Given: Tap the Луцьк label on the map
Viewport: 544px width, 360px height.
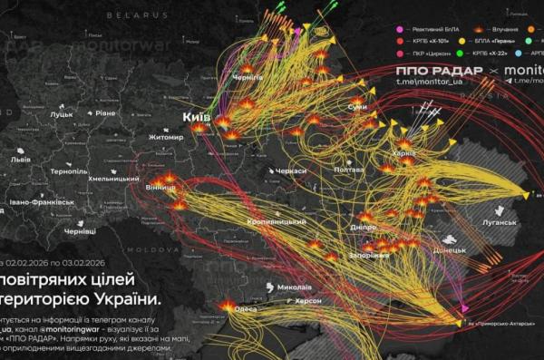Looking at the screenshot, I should (63, 115).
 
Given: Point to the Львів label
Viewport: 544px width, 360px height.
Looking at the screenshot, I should (20, 159).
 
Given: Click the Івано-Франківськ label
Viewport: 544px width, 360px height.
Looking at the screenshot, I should (35, 201).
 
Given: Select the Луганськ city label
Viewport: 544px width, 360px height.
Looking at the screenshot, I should (500, 222).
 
